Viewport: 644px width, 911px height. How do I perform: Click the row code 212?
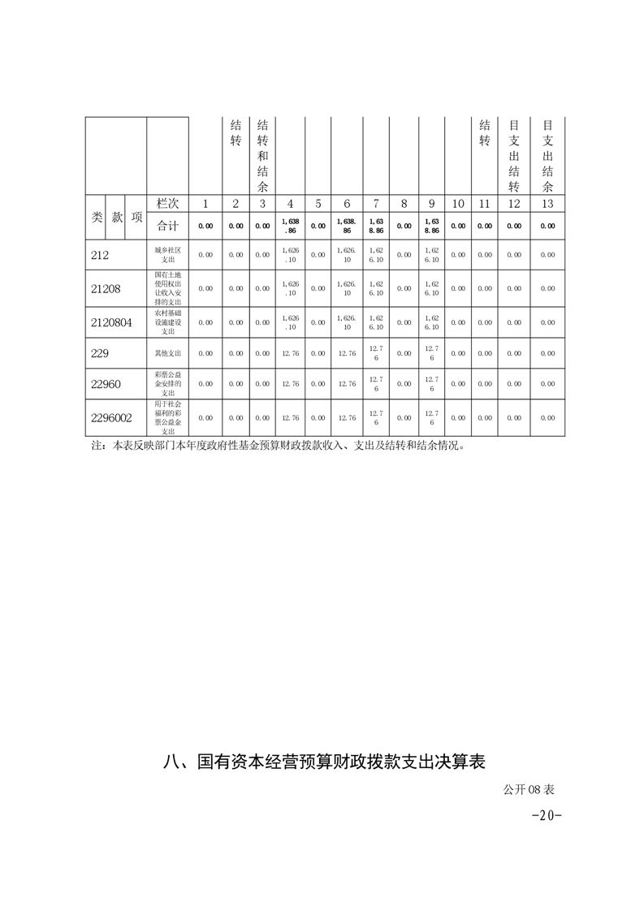click(101, 254)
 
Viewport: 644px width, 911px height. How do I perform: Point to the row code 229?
click(100, 353)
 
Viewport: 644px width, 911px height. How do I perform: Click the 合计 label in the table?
click(167, 226)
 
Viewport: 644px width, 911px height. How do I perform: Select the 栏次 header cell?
click(167, 204)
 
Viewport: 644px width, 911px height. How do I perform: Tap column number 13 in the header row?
click(547, 204)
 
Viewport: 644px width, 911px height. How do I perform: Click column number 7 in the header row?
click(376, 204)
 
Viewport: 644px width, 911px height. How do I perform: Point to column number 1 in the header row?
click(205, 204)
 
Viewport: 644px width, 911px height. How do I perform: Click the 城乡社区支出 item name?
click(167, 255)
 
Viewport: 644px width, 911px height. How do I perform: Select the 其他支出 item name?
click(167, 353)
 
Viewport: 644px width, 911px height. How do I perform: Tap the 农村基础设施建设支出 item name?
click(167, 322)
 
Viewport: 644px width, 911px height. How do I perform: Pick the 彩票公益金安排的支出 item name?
click(167, 383)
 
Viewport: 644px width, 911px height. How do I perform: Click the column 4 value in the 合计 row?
click(291, 226)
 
